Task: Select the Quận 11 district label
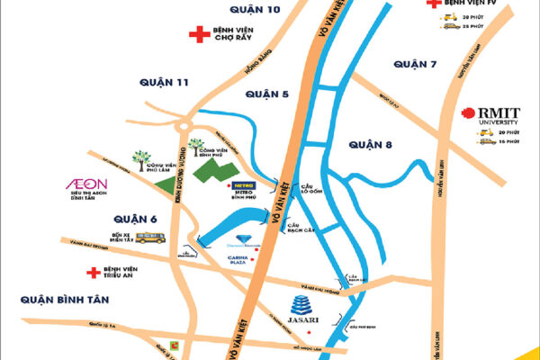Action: (x=165, y=82)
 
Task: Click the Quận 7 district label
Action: (x=414, y=64)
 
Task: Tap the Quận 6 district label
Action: (x=136, y=219)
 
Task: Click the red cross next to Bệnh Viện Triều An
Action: (x=91, y=271)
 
